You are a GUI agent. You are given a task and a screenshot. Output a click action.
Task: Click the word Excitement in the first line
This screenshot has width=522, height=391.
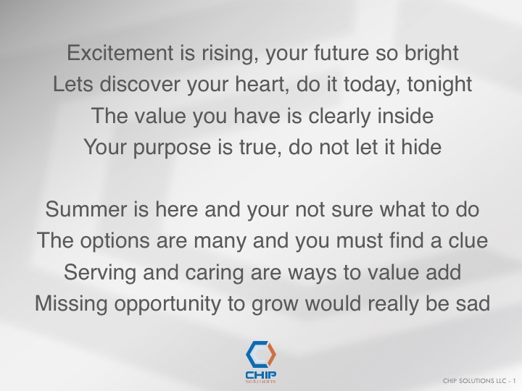click(x=120, y=53)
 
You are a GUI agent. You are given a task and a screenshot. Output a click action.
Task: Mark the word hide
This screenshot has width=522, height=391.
click(x=421, y=146)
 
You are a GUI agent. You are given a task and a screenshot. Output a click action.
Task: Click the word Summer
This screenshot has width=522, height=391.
click(x=86, y=209)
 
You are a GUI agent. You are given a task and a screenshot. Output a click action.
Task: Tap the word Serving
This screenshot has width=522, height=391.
click(x=100, y=273)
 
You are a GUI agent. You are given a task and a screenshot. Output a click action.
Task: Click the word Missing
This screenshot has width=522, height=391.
click(x=71, y=304)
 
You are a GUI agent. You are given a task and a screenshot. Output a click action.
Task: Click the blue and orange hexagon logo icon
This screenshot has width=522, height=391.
click(x=261, y=354)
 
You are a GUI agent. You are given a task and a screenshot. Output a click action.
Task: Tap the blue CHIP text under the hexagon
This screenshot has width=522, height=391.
click(x=261, y=375)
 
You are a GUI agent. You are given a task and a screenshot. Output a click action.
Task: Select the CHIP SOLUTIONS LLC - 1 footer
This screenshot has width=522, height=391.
click(x=479, y=381)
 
